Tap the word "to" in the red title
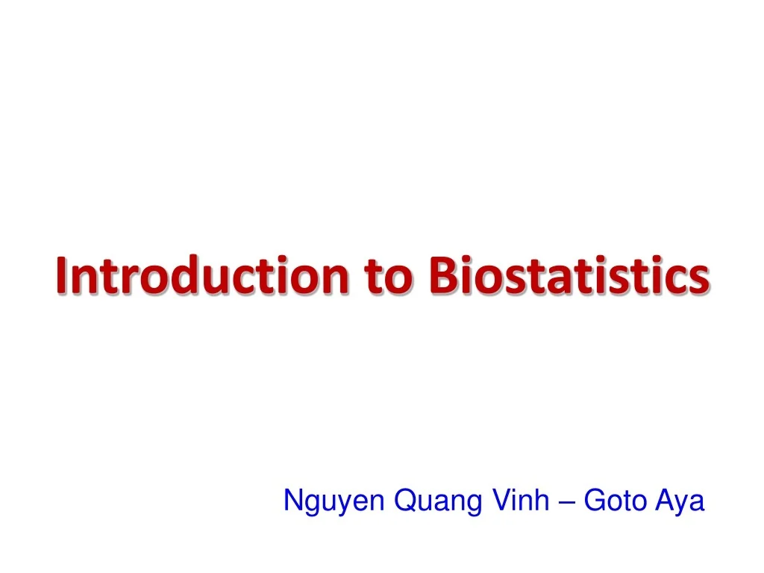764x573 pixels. (x=389, y=276)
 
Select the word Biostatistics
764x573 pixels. (x=569, y=275)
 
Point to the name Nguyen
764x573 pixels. (x=334, y=501)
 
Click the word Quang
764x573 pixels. (x=438, y=501)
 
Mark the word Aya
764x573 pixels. (x=680, y=501)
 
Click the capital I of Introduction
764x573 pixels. (x=60, y=275)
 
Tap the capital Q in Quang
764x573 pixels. (x=404, y=501)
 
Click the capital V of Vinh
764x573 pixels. (x=498, y=500)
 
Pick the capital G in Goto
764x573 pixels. (x=594, y=500)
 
